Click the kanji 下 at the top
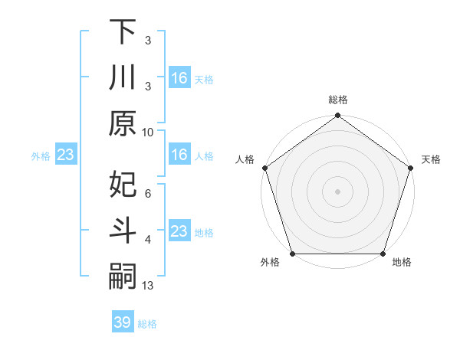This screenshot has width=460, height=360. point(123,32)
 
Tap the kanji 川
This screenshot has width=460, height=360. point(123,79)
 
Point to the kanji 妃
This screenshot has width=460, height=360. point(123,185)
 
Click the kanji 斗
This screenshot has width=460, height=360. point(123,231)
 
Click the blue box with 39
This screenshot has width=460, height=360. point(122,322)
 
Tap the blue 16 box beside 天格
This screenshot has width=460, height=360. point(179,78)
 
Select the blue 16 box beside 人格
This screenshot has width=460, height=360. point(179,155)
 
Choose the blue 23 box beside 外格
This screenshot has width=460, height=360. point(65,155)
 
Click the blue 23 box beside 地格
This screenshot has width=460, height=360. point(179,231)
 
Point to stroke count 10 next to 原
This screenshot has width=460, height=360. point(148,132)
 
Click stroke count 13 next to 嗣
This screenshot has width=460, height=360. point(148,286)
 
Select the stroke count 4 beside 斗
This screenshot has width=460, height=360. point(148,240)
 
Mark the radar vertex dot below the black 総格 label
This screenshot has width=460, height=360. point(337,116)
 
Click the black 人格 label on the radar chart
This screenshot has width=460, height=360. point(246,159)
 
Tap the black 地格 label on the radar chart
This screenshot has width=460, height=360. point(402,263)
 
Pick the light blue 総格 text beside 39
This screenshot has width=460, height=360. point(147,324)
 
